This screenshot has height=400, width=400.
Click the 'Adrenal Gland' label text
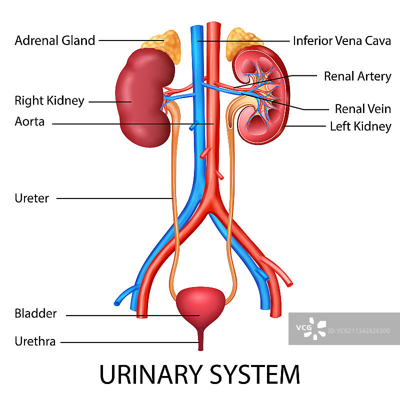pyautogui.click(x=55, y=40)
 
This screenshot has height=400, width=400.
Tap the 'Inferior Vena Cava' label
pyautogui.click(x=342, y=40)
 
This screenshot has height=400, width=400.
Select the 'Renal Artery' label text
pyautogui.click(x=357, y=76)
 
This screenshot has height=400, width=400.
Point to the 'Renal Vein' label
pyautogui.click(x=362, y=108)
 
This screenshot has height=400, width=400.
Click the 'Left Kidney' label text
pyautogui.click(x=360, y=126)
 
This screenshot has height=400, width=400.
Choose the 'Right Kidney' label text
pyautogui.click(x=49, y=101)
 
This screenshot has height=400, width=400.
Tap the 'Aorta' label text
pyautogui.click(x=29, y=121)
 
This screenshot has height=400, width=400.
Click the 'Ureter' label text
pyautogui.click(x=32, y=198)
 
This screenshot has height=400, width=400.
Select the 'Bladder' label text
pyautogui.click(x=35, y=314)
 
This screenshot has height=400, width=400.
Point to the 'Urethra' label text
pyautogui.click(x=35, y=342)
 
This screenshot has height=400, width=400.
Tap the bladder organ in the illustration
pyautogui.click(x=200, y=305)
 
